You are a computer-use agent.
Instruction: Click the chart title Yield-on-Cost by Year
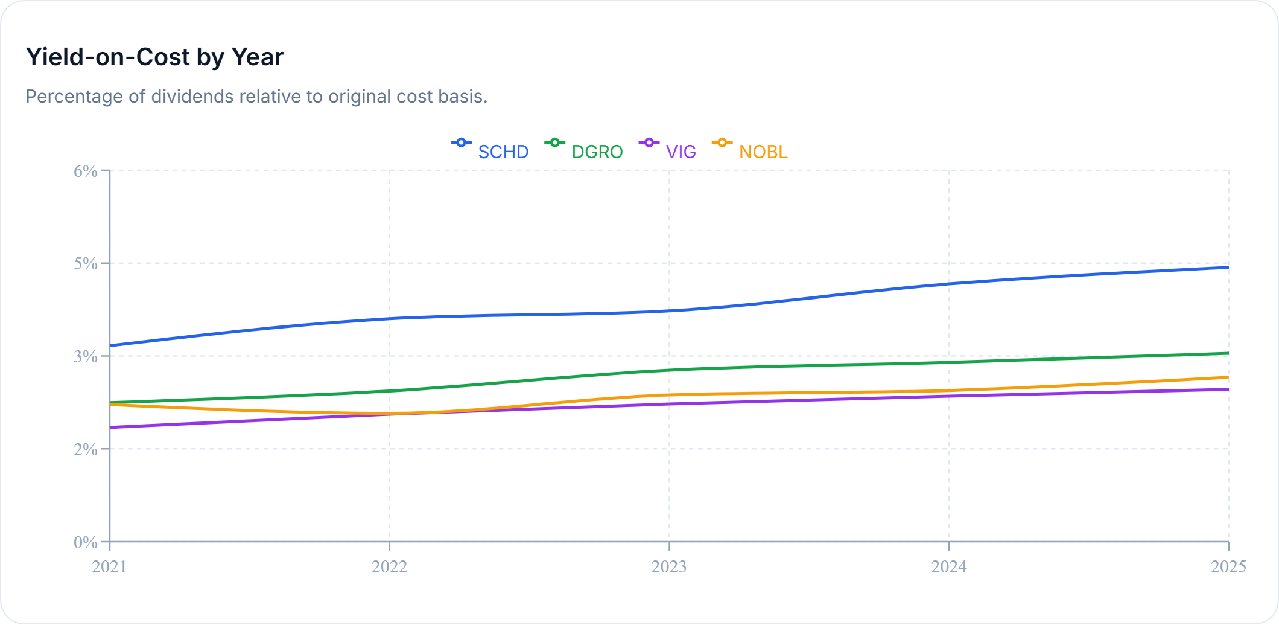click(154, 57)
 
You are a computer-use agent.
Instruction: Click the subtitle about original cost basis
click(256, 97)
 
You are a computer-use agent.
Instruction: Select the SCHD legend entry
click(490, 151)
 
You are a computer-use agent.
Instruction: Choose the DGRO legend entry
click(584, 151)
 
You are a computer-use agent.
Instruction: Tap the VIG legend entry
click(668, 151)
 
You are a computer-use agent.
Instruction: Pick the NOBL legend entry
click(751, 151)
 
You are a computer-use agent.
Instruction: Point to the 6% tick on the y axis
click(86, 171)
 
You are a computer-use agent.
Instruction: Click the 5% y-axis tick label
click(86, 264)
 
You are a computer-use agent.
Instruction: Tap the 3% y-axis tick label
click(86, 356)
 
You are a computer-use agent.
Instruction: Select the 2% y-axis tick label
click(86, 449)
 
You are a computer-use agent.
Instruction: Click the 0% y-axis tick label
click(86, 542)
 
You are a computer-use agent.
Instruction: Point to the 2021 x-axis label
click(110, 566)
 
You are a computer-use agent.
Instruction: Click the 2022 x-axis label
click(390, 566)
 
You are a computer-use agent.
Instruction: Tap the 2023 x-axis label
click(669, 566)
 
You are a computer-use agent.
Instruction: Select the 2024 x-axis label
click(949, 566)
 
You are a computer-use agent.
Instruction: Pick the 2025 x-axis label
click(1228, 566)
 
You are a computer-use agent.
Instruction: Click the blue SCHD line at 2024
click(949, 284)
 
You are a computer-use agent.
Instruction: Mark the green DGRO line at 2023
click(669, 370)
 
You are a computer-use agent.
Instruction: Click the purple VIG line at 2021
click(111, 428)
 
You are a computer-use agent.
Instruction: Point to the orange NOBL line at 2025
click(1227, 377)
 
